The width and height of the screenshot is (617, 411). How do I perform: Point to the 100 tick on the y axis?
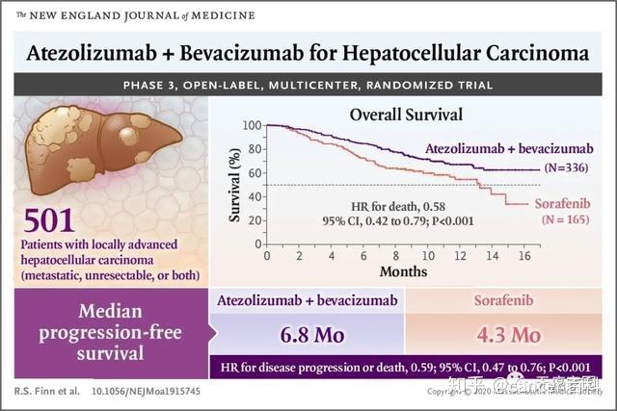(x=253, y=126)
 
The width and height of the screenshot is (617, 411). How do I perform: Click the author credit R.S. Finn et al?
(x=45, y=393)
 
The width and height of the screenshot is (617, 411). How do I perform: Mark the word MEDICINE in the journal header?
(x=223, y=15)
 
